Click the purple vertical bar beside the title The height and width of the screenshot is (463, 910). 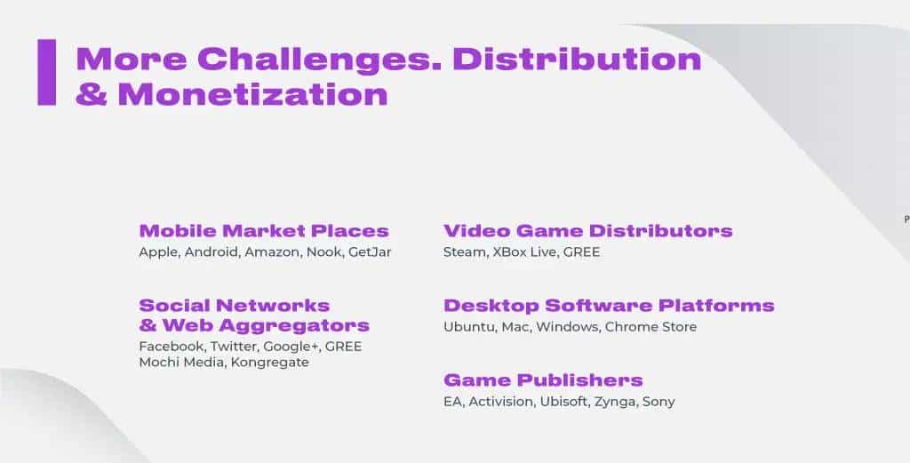click(x=47, y=72)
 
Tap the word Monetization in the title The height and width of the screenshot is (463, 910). click(x=252, y=94)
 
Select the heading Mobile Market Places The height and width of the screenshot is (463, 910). click(x=264, y=231)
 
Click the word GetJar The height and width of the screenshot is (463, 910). click(x=370, y=252)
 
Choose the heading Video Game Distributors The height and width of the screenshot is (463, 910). click(x=588, y=231)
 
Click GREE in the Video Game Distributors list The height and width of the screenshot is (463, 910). click(x=581, y=252)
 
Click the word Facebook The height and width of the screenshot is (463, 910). click(x=172, y=347)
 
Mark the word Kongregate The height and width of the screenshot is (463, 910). click(x=270, y=363)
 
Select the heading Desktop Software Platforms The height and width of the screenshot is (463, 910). click(x=609, y=306)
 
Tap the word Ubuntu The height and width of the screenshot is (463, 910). click(x=469, y=327)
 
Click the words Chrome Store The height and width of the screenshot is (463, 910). click(x=651, y=327)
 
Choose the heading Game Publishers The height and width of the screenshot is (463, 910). click(x=543, y=380)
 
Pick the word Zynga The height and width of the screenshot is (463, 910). click(x=615, y=402)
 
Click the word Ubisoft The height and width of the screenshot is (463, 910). click(x=563, y=402)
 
